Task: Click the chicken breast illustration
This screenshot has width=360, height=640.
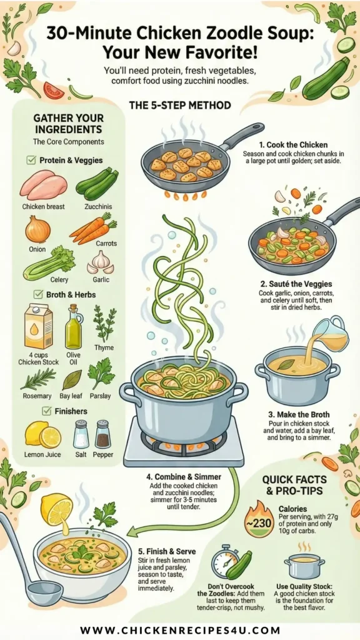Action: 43,184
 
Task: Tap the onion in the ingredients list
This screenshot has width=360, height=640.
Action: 38,229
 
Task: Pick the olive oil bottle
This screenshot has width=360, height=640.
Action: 74,326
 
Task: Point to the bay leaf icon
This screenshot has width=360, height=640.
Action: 72,380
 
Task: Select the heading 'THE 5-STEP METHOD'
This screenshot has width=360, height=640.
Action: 180,106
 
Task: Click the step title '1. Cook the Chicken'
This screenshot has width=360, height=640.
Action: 294,145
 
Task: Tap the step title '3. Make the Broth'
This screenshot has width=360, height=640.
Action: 299,415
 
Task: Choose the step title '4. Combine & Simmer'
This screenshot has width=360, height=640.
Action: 184,477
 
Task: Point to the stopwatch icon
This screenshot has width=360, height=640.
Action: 225,562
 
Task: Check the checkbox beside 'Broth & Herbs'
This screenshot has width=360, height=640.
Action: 39,294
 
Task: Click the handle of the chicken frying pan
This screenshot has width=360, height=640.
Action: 243,135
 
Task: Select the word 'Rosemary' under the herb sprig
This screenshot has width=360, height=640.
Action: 36,396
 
